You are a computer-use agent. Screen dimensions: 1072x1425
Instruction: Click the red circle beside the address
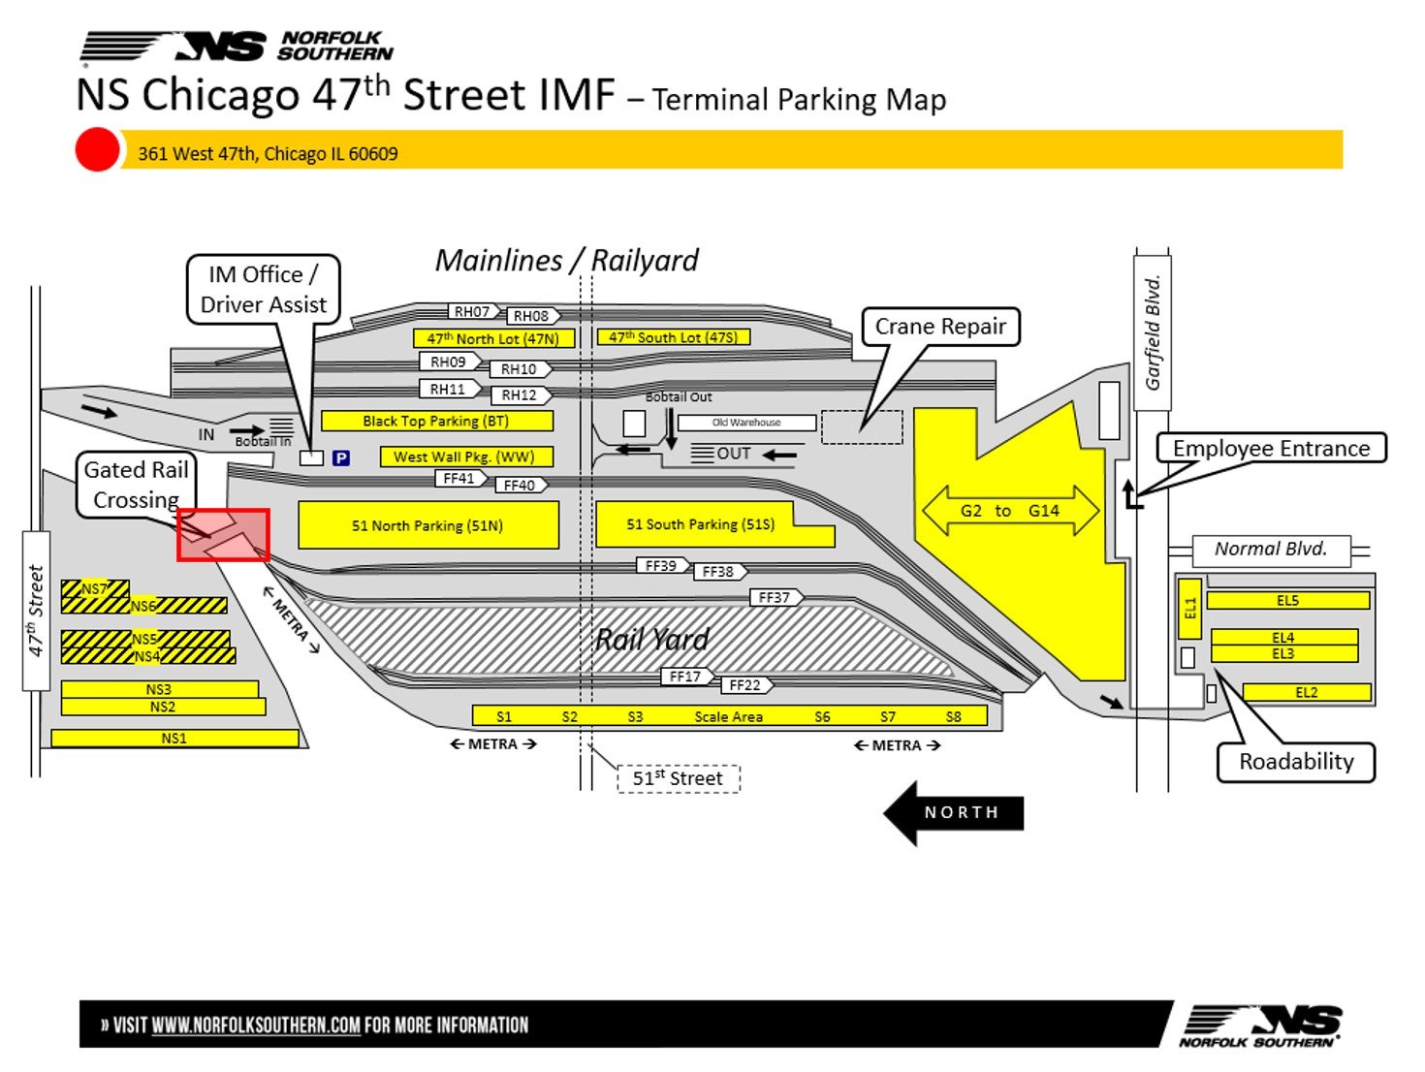97,150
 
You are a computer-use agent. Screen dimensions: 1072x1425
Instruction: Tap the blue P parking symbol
340,457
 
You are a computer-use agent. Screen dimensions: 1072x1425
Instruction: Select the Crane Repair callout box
939,327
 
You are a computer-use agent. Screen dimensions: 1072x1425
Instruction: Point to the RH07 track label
473,311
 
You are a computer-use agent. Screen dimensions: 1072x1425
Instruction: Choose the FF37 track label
776,597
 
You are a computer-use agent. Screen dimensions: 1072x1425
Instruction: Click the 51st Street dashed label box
678,778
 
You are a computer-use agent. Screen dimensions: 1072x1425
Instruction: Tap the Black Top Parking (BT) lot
436,421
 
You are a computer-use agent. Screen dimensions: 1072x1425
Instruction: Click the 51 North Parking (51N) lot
427,525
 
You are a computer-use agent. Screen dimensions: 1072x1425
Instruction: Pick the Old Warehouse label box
746,423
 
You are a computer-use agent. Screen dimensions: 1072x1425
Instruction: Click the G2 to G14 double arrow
1009,511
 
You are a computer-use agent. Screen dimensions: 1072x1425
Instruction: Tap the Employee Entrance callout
1271,448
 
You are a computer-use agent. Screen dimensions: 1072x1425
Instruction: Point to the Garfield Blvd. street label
1153,333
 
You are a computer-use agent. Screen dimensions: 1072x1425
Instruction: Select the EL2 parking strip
1306,692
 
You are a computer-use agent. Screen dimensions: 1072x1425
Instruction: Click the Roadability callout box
1295,762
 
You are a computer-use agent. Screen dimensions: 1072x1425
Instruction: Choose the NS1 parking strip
174,739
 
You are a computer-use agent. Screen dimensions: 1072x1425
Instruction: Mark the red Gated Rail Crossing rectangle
223,535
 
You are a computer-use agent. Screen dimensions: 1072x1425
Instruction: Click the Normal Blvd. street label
1270,550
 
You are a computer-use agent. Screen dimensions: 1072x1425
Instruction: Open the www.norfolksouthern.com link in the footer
256,1025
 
